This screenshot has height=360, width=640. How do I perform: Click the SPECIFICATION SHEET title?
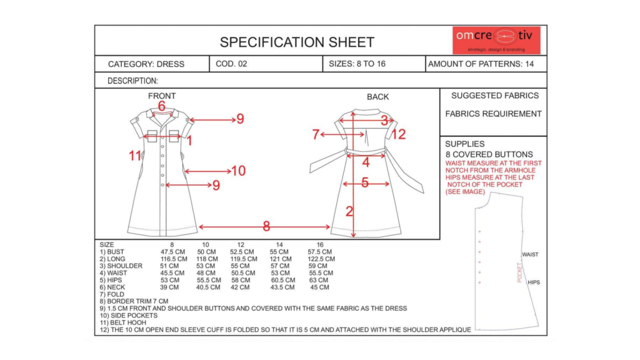tap(297, 42)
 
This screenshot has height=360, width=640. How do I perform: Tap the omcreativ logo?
tap(496, 40)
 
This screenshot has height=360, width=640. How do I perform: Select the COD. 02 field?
tap(231, 64)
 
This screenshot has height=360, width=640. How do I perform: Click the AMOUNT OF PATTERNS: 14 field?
tap(481, 64)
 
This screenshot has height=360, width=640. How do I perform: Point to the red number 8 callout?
tap(266, 226)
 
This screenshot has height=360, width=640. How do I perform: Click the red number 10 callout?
tap(238, 171)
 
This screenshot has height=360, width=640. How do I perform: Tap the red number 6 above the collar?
tap(161, 106)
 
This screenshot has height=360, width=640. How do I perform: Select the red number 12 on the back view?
tap(398, 134)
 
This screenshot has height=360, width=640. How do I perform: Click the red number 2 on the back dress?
tap(349, 211)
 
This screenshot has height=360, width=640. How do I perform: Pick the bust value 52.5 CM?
tap(241, 251)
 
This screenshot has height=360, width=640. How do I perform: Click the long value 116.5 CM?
tap(174, 259)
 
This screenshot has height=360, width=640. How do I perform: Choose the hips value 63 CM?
tap(318, 280)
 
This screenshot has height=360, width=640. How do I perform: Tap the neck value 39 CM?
tap(169, 287)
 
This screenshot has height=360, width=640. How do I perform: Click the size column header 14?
tap(279, 244)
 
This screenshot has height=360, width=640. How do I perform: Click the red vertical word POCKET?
tap(519, 272)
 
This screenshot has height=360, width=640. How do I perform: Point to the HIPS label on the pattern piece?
tap(533, 282)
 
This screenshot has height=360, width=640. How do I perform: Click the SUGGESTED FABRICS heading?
tap(494, 96)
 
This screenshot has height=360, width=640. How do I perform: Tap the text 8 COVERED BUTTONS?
tap(489, 154)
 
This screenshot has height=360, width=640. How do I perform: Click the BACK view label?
tap(377, 97)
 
